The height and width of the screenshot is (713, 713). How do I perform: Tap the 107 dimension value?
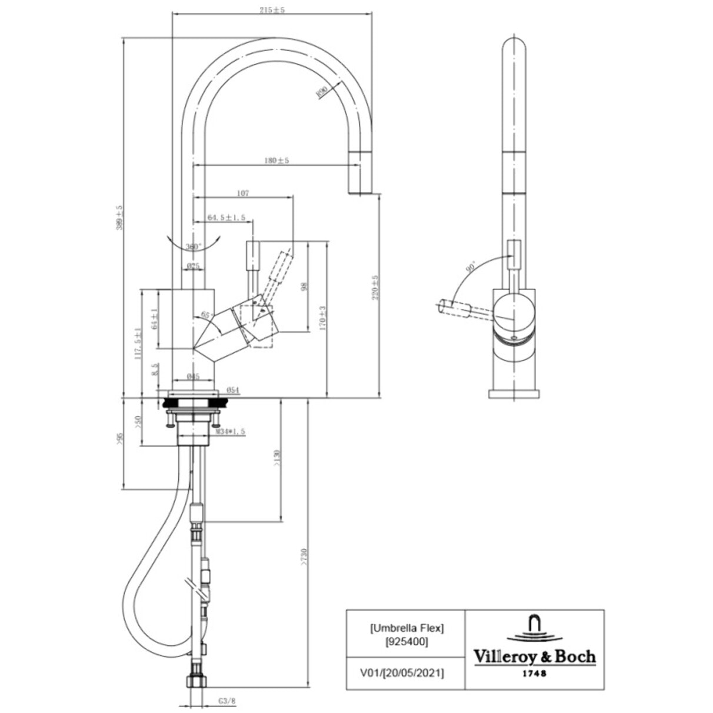coord(242,192)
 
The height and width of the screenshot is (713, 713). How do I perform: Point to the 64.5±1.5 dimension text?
coord(227,218)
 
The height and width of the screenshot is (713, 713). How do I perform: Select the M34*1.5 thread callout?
coord(229,432)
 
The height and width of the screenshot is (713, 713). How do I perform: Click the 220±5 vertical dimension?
coord(374,288)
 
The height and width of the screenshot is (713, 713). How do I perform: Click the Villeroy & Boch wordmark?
coord(535,656)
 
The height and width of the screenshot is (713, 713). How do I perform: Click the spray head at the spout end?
coord(360,172)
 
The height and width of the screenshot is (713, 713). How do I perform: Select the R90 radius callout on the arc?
coord(321,92)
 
